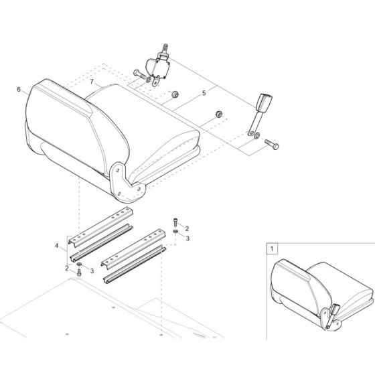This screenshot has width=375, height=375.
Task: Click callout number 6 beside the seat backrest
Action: click(x=19, y=90)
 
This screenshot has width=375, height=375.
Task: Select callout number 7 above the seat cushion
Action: click(x=92, y=82)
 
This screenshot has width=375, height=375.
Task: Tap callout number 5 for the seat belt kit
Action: click(x=204, y=93)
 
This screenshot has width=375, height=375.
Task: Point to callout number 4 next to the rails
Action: click(x=57, y=246)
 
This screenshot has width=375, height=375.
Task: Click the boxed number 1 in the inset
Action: click(x=272, y=248)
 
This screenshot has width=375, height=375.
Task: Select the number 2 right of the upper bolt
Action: click(x=187, y=228)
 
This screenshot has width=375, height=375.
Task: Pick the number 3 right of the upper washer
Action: click(x=187, y=238)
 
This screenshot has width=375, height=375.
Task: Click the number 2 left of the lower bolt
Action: click(x=67, y=268)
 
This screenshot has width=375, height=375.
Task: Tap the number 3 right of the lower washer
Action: click(x=92, y=271)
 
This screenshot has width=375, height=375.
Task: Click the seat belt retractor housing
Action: click(x=157, y=68)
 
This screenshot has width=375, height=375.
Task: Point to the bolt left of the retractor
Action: click(x=139, y=74)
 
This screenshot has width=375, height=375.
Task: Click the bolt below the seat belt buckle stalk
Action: click(x=272, y=144)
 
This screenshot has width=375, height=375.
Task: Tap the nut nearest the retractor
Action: click(x=175, y=94)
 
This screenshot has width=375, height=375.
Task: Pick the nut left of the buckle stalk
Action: click(x=219, y=115)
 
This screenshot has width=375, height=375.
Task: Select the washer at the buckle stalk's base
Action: click(x=256, y=136)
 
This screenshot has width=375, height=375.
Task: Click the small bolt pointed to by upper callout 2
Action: click(x=175, y=222)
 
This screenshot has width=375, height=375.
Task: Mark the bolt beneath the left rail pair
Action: click(x=79, y=273)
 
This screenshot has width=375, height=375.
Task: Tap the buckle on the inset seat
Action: click(x=333, y=315)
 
